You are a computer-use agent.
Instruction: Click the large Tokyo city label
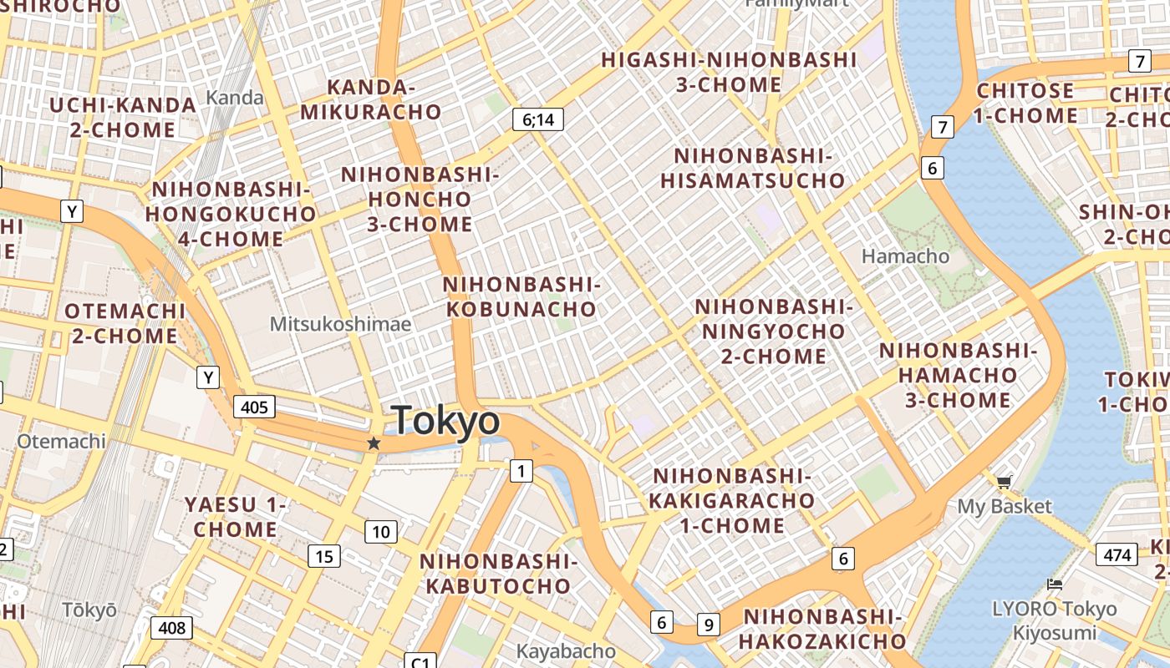[x=445, y=421]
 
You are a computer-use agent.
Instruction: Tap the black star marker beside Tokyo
[x=374, y=443]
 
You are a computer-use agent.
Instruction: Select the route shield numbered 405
[x=254, y=407]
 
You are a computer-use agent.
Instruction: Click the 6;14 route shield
[x=538, y=119]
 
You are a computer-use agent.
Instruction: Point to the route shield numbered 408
[x=171, y=628]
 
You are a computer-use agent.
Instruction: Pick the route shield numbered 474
[x=1117, y=554]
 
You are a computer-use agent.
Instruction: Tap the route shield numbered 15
[x=324, y=556]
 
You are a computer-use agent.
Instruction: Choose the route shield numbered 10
[x=380, y=532]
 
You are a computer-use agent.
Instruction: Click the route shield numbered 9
[x=709, y=624]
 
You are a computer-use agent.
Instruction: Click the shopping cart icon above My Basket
[x=1004, y=482]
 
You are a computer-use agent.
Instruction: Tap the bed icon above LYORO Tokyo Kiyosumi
[x=1055, y=584]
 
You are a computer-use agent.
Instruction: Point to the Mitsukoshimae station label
[x=340, y=324]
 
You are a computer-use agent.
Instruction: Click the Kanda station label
[x=235, y=98]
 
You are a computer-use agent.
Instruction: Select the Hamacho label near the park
[x=905, y=256]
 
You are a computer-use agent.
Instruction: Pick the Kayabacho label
[x=566, y=650]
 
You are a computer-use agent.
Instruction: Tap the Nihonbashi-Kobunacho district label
[x=521, y=296]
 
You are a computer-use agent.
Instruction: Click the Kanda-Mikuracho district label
[x=371, y=99]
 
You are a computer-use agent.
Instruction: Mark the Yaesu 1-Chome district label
[x=236, y=517]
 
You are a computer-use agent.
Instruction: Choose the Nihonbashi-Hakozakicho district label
[x=822, y=629]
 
